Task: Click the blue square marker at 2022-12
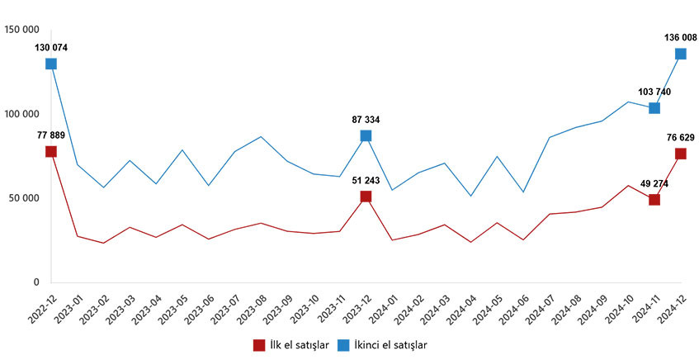point(51,64)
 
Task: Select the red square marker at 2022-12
point(51,152)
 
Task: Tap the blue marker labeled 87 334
point(366,135)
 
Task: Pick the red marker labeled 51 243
point(366,197)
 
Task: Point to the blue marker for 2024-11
point(654,108)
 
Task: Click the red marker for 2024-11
point(654,200)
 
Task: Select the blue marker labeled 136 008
point(680,54)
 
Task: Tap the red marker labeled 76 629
point(680,154)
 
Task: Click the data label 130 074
point(51,48)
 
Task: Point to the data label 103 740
point(654,92)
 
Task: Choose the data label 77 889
point(51,135)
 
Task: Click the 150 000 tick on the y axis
point(21,30)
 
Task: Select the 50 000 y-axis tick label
point(24,198)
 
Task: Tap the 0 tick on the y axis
point(36,282)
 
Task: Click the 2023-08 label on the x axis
point(248,310)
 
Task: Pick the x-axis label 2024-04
point(457,310)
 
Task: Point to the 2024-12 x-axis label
point(668,310)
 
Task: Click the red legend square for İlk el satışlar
point(259,345)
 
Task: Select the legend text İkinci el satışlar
point(390,345)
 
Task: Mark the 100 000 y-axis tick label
point(21,114)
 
